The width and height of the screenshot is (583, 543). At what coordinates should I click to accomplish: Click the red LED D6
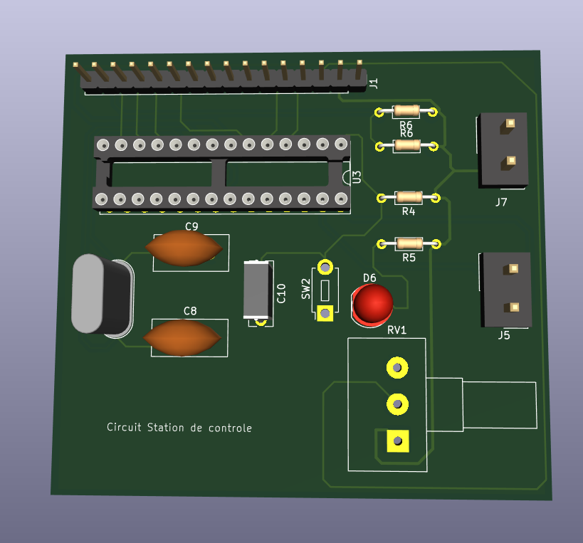(x=373, y=303)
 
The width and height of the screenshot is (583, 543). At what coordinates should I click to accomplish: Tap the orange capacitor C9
(x=184, y=248)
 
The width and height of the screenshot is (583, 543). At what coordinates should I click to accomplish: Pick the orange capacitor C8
(x=184, y=337)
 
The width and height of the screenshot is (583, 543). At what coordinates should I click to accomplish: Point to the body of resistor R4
(x=409, y=197)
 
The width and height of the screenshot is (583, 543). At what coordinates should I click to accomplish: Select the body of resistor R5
(x=409, y=244)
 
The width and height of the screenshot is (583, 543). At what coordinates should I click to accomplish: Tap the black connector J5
(x=505, y=288)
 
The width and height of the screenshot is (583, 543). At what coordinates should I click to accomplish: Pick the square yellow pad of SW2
(x=325, y=312)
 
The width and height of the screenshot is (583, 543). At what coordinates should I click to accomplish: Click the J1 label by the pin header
(x=374, y=83)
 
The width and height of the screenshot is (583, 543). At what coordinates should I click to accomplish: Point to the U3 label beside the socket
(x=357, y=177)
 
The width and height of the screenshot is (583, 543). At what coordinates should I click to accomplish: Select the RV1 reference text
(x=396, y=330)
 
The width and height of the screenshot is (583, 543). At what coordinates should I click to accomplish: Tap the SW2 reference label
(x=306, y=288)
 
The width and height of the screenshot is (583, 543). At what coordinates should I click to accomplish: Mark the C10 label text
(x=280, y=292)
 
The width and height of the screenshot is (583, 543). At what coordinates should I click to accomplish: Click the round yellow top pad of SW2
(x=325, y=268)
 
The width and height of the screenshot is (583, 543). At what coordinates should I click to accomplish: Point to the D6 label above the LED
(x=369, y=278)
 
